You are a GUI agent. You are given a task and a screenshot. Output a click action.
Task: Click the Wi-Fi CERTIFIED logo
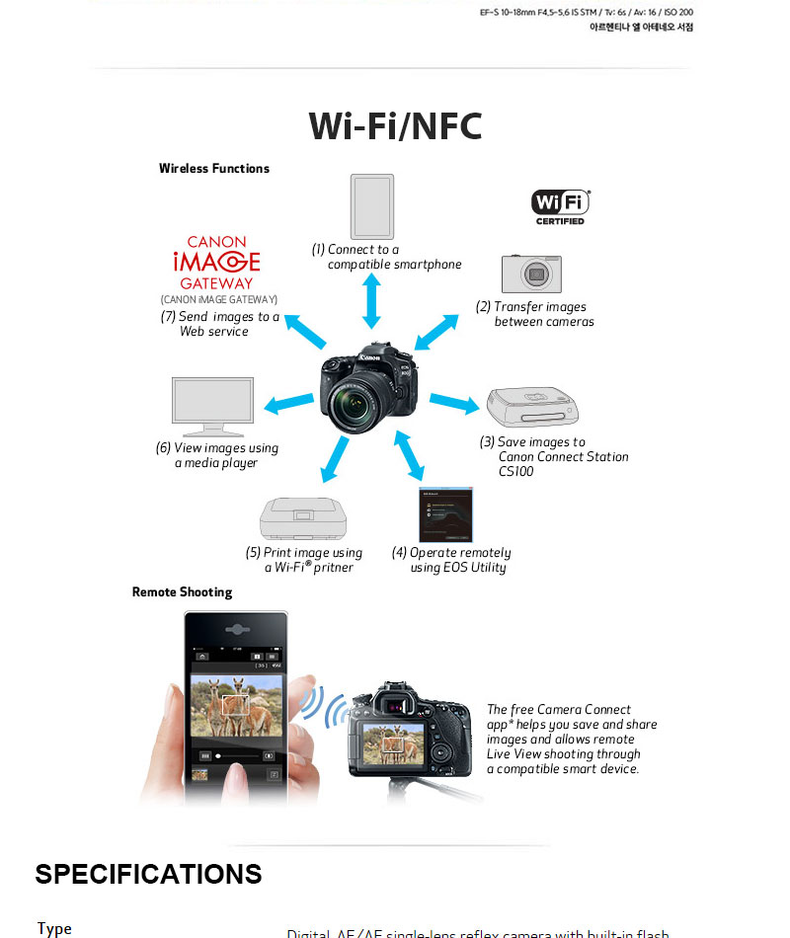[561, 206]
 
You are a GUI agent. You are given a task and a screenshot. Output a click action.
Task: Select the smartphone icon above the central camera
[372, 205]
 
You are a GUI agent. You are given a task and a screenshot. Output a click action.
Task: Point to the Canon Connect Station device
[538, 406]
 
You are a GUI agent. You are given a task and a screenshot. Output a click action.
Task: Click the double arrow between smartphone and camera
[372, 301]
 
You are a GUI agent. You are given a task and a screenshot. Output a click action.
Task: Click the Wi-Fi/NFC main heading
[395, 126]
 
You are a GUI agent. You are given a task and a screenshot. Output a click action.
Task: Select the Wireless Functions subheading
[214, 169]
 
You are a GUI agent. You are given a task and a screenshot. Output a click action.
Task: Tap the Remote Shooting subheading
[183, 592]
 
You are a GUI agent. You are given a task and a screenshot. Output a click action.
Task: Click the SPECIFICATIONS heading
[148, 875]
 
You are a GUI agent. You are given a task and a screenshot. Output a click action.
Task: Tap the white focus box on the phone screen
[235, 704]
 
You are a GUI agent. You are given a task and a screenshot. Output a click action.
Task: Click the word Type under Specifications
[55, 928]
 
